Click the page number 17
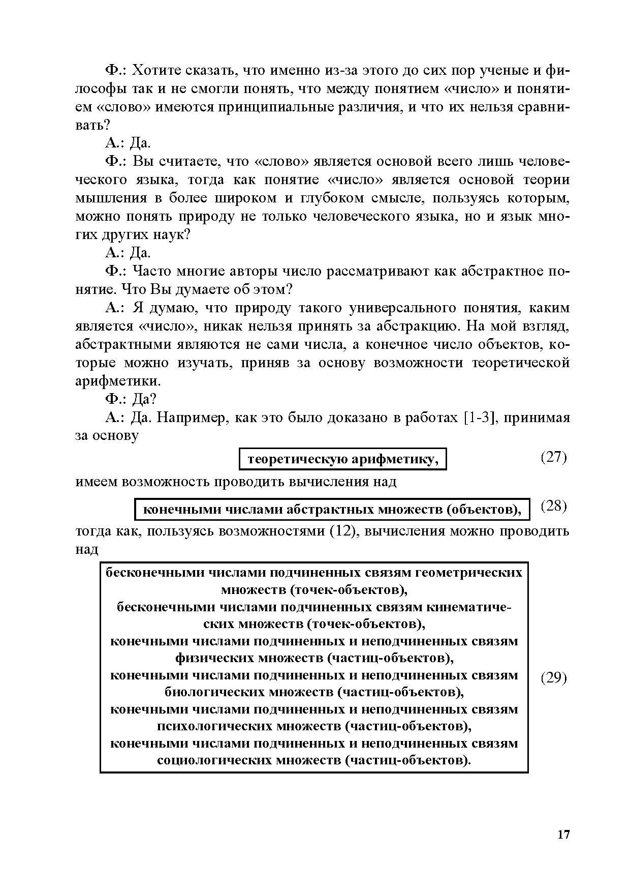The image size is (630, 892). pos(563,835)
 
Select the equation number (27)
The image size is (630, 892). pos(553,457)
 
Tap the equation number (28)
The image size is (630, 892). pos(553,506)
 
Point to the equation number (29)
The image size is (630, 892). pos(553,678)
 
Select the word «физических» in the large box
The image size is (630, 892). pos(214,659)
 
